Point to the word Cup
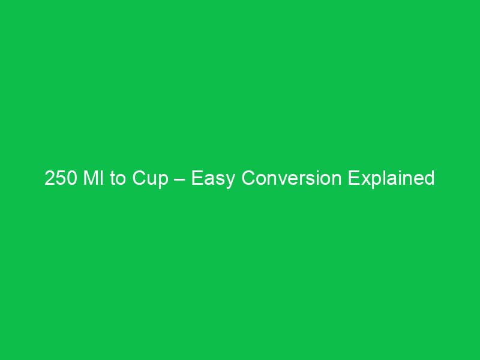[x=150, y=178]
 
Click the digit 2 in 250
[x=50, y=178]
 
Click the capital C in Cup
[x=139, y=178]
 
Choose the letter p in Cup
[x=163, y=180]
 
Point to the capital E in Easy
[x=197, y=178]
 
